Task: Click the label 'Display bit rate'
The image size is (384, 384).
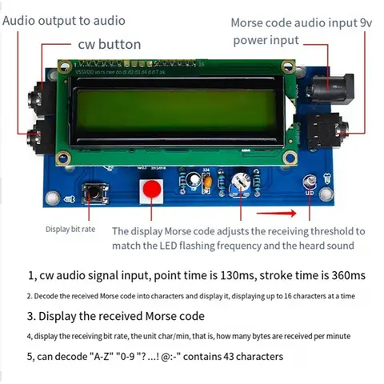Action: [70, 230]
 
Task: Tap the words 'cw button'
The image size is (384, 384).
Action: [110, 45]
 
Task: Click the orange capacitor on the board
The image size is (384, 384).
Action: [208, 181]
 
